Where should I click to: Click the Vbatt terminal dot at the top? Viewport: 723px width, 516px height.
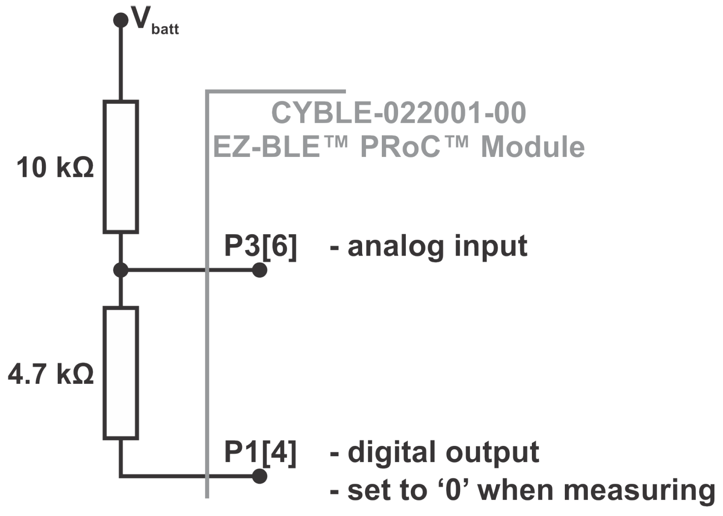tap(121, 20)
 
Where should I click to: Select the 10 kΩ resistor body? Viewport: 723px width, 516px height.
tap(121, 167)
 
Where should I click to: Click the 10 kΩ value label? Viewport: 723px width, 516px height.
tap(55, 168)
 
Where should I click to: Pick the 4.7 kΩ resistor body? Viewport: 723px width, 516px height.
tap(121, 373)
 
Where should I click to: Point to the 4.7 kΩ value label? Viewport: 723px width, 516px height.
tap(50, 374)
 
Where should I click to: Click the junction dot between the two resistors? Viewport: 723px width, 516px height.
tap(121, 270)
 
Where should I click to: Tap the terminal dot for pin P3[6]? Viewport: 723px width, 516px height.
tap(260, 270)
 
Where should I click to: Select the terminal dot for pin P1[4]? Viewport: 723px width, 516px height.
tap(260, 476)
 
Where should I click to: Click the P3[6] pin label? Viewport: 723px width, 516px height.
tap(260, 246)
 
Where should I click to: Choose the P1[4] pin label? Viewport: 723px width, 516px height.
tap(260, 452)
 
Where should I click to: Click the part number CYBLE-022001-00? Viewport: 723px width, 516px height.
tap(398, 113)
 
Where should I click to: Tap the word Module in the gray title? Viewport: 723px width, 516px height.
tap(533, 147)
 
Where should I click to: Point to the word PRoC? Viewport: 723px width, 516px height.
tap(400, 147)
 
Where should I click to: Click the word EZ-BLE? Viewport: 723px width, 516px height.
tap(266, 147)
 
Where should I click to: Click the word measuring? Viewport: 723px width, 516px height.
tap(639, 490)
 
